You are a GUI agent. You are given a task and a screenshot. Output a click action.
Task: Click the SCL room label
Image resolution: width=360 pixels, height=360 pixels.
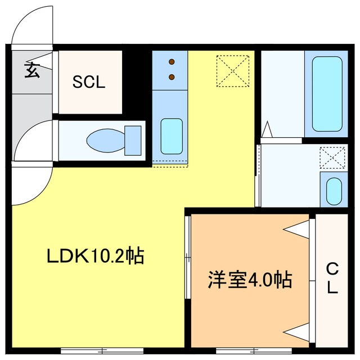(x=89, y=83)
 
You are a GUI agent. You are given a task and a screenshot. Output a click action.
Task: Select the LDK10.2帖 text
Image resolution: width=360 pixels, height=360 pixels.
(x=95, y=256)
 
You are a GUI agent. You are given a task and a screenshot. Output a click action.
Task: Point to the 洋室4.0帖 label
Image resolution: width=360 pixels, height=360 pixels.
(x=250, y=279)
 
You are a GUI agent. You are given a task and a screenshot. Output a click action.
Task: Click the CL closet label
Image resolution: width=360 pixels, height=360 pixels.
(x=332, y=280)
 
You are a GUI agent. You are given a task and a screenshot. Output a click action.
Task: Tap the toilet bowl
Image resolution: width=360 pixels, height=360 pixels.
(x=104, y=139)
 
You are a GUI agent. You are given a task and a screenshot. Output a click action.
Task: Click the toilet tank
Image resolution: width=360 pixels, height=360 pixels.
(x=133, y=140)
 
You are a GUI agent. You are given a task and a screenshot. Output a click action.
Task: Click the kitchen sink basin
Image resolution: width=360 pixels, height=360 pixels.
(x=171, y=136)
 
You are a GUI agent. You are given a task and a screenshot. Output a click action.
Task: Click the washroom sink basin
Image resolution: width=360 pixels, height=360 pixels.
(x=334, y=191)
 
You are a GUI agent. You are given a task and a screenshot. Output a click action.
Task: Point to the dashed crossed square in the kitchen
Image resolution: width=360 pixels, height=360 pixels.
(x=232, y=71)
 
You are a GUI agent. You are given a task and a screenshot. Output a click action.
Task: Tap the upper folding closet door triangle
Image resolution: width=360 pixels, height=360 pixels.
(x=298, y=228)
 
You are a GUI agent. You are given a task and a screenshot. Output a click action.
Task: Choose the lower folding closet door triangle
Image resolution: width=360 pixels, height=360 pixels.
(x=298, y=331)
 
